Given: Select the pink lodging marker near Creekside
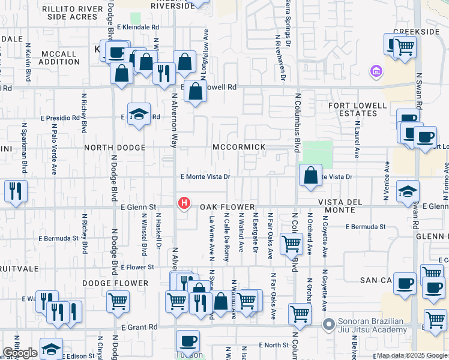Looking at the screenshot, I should pos(376,71).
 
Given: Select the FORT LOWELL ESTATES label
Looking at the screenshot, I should pos(358,110).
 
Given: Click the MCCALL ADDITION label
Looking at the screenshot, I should pos(59,58).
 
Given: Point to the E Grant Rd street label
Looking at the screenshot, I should pos(139,327).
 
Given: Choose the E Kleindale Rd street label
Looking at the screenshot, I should pos(138,27).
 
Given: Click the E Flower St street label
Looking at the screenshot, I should pos(137,267).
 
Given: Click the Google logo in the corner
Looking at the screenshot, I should pos(19,353).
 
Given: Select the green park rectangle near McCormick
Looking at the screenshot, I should pos(318,155).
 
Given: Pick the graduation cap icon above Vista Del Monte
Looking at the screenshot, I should pos(408,190).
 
